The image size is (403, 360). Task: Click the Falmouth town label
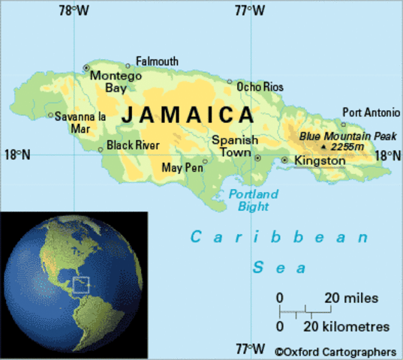[x=157, y=61]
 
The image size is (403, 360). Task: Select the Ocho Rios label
[x=260, y=87]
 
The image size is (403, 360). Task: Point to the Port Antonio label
[x=371, y=112]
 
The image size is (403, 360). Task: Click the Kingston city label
[x=320, y=160]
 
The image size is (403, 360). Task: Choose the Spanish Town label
[x=234, y=146]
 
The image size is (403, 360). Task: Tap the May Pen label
[x=182, y=166]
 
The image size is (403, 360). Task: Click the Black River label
[x=134, y=145]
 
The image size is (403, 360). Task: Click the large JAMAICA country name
[x=187, y=115]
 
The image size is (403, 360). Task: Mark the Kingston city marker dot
[x=284, y=160]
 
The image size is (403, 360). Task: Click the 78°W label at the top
[x=73, y=10]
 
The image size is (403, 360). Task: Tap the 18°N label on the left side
[x=17, y=154]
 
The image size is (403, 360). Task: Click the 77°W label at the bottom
[x=250, y=349]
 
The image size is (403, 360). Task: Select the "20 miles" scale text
[x=353, y=298]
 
